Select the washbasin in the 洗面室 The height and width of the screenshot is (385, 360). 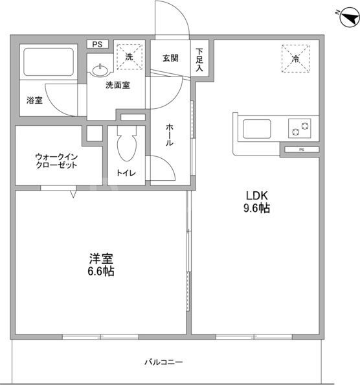pos(101,69)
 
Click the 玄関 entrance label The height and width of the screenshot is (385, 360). pos(171,58)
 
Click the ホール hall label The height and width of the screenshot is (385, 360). pos(169,135)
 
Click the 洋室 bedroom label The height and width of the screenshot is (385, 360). pos(100,258)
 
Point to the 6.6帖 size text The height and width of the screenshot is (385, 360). pos(100,272)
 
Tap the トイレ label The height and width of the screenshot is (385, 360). pos(126,173)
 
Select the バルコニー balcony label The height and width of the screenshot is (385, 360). pos(163,362)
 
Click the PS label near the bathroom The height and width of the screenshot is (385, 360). pos(97,44)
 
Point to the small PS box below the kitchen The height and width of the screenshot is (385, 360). pos(301,150)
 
